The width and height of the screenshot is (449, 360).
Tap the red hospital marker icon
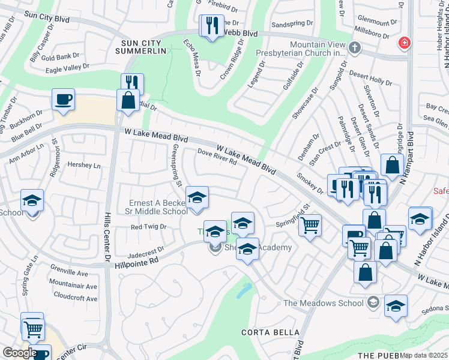(x=405, y=43)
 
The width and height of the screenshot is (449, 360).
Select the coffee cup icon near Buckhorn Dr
(x=63, y=100)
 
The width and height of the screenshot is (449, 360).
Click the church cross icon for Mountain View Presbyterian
(x=354, y=49)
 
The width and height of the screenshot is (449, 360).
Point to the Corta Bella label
(x=270, y=332)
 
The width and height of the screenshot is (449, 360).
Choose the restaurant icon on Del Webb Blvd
(x=211, y=25)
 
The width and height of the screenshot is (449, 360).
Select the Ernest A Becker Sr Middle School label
(x=158, y=207)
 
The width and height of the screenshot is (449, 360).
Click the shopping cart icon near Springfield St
(x=310, y=226)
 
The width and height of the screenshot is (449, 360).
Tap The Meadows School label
(x=324, y=302)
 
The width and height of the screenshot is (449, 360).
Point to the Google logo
(x=20, y=352)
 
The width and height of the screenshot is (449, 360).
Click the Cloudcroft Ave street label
(x=75, y=296)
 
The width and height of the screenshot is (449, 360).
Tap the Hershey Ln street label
(x=83, y=165)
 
